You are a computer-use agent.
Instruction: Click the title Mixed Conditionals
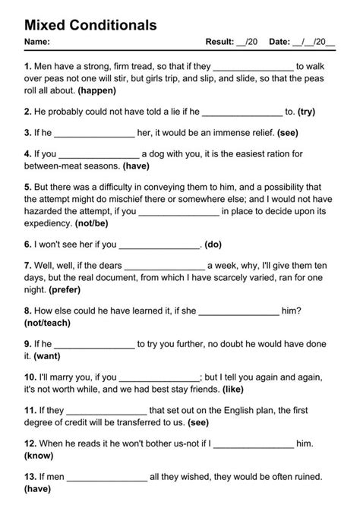pos(90,25)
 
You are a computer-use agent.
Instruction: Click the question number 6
pos(28,245)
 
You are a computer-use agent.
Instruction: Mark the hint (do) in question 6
pos(213,245)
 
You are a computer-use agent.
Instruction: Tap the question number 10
pos(30,377)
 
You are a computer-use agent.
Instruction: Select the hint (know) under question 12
pos(39,456)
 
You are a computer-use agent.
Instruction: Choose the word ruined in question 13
pos(305,477)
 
